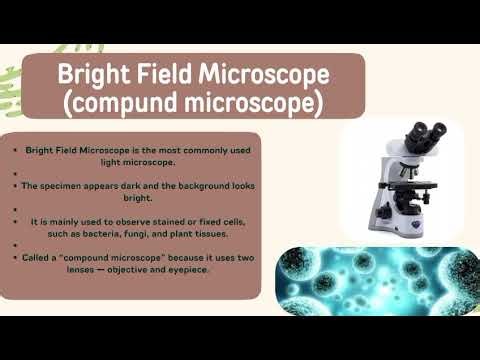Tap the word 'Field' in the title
pyautogui.click(x=165, y=74)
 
